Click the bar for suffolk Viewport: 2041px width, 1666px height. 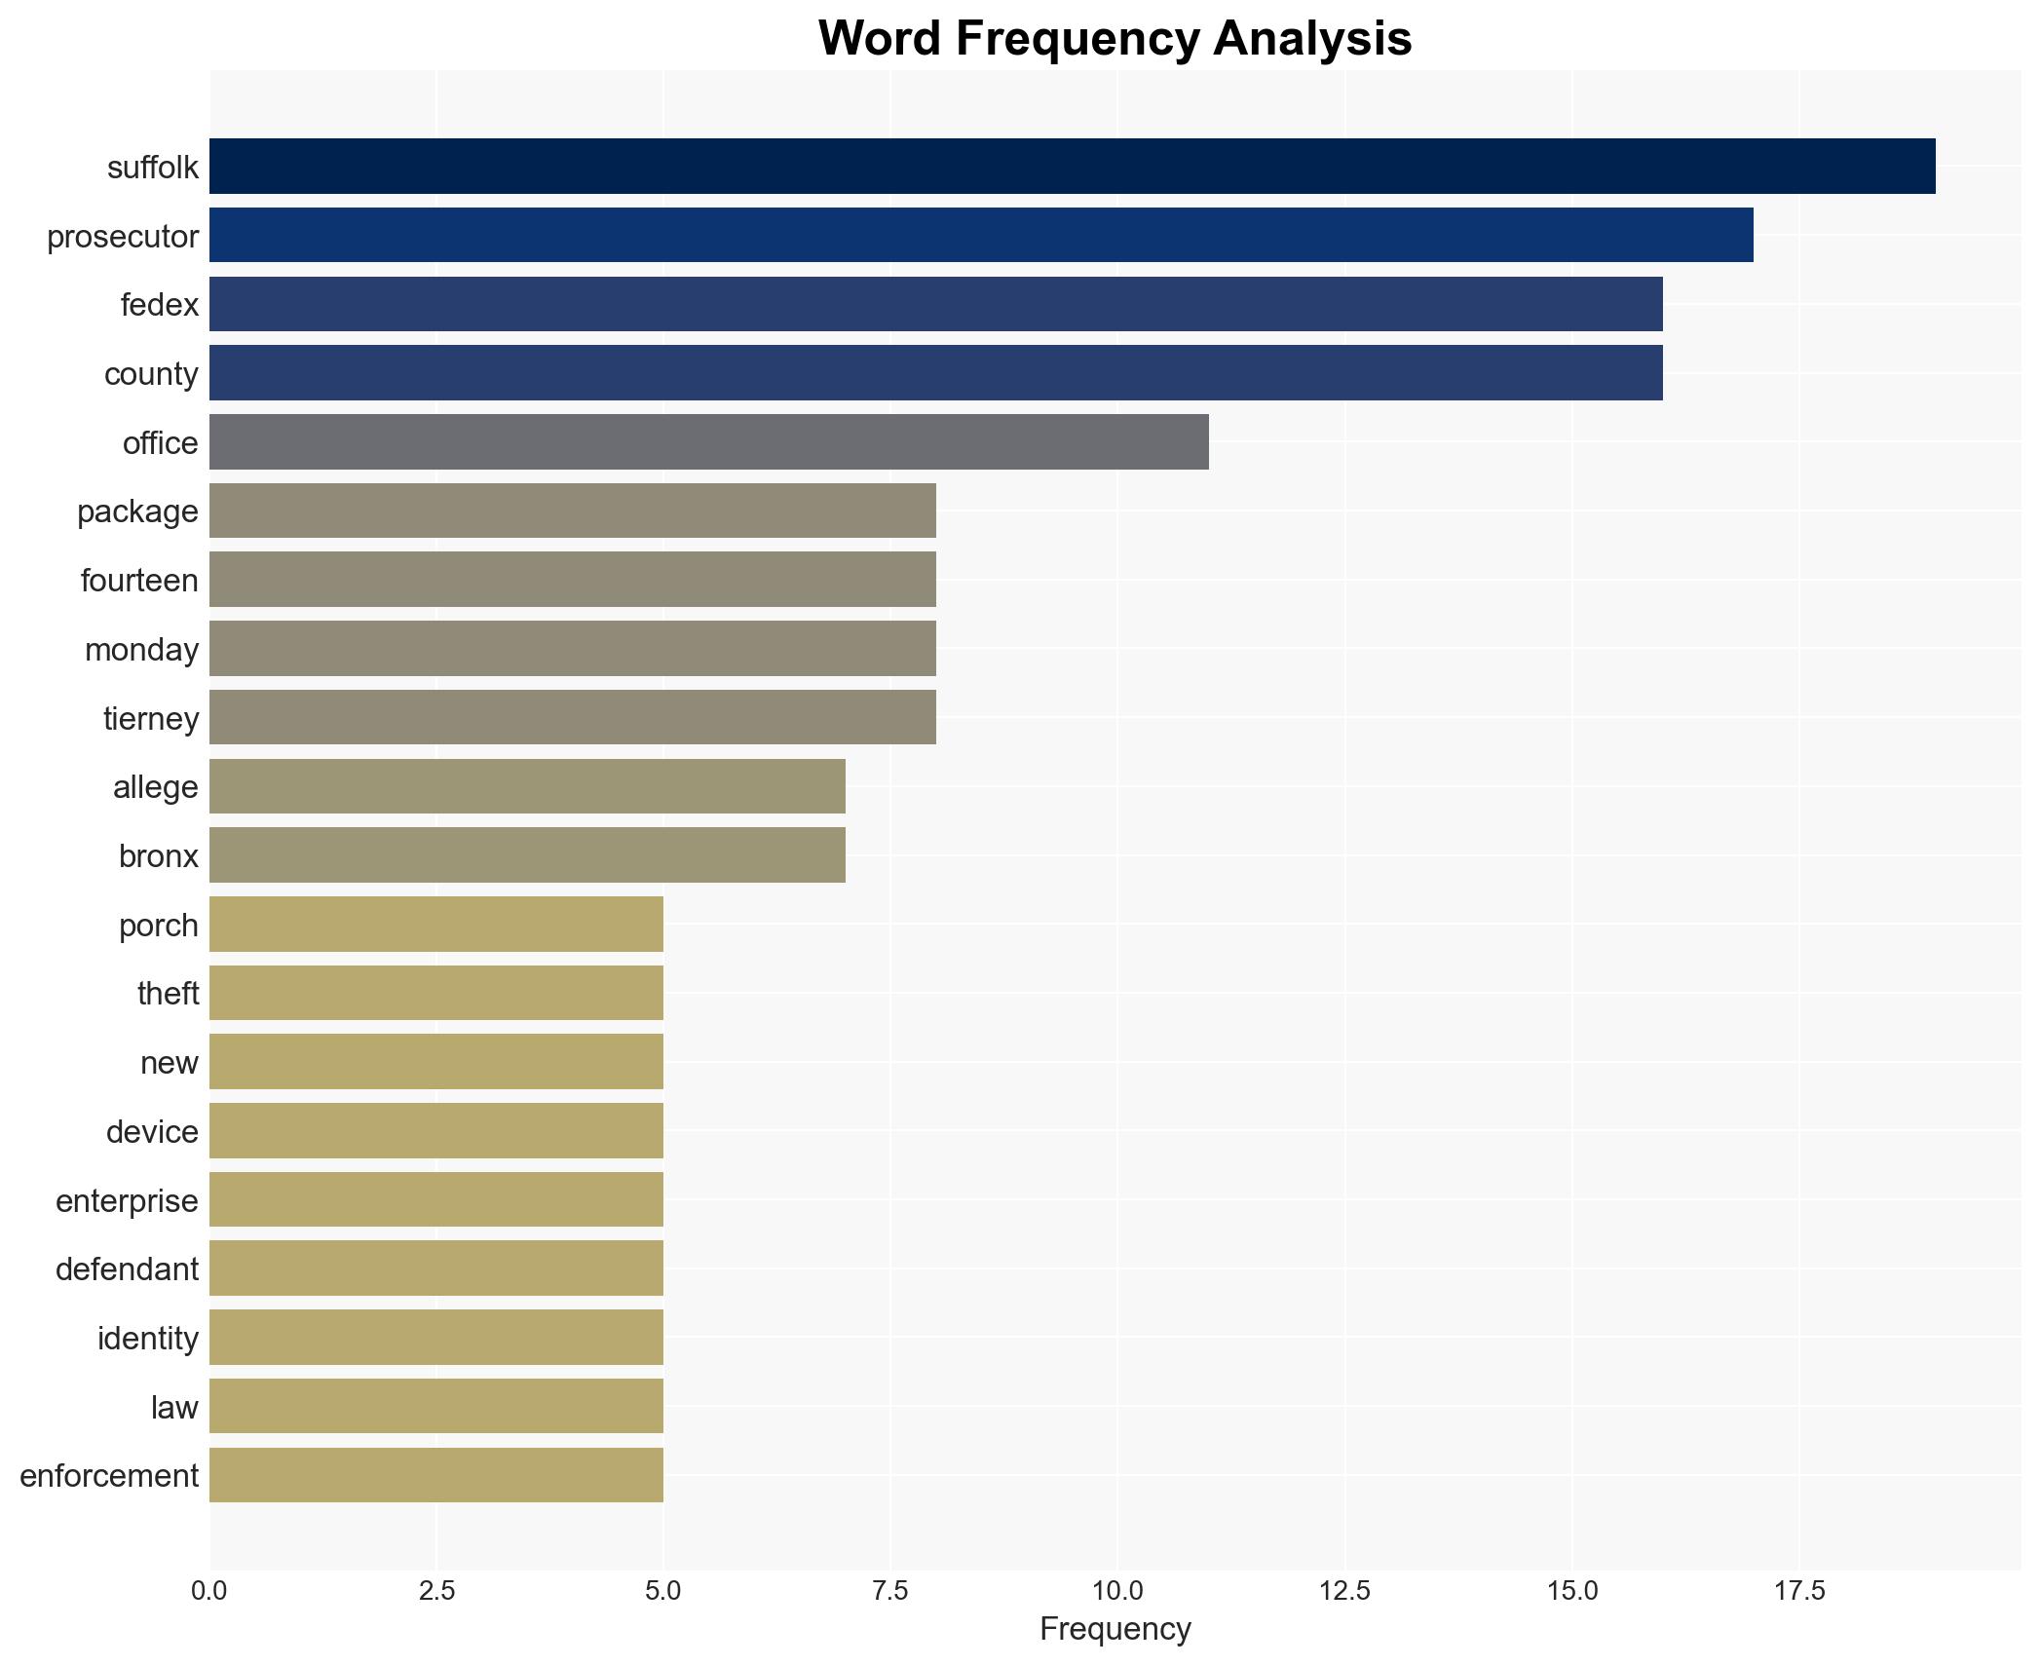[1072, 167]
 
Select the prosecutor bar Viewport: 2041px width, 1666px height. [981, 236]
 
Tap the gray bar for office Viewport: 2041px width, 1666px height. [708, 442]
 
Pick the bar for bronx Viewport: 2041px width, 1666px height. [527, 855]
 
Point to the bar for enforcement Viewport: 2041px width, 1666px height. [436, 1475]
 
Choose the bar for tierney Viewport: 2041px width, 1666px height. [573, 718]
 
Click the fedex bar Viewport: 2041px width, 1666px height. [935, 305]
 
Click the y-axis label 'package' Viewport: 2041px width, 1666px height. [137, 511]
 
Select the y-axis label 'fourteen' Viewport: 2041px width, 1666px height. [139, 581]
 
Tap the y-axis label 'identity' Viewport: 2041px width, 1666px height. [148, 1339]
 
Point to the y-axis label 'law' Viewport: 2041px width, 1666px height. [174, 1408]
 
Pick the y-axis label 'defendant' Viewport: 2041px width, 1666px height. [127, 1269]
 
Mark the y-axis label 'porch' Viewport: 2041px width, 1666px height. [158, 926]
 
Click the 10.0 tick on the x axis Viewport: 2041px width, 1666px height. [1117, 1591]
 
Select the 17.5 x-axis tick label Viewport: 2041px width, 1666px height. [1798, 1591]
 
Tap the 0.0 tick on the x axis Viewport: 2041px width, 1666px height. [209, 1591]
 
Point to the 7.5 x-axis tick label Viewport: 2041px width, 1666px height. [890, 1591]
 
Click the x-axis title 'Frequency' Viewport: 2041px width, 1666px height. [1115, 1629]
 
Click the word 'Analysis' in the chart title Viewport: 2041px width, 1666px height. [1312, 39]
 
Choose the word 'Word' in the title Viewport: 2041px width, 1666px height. [880, 39]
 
